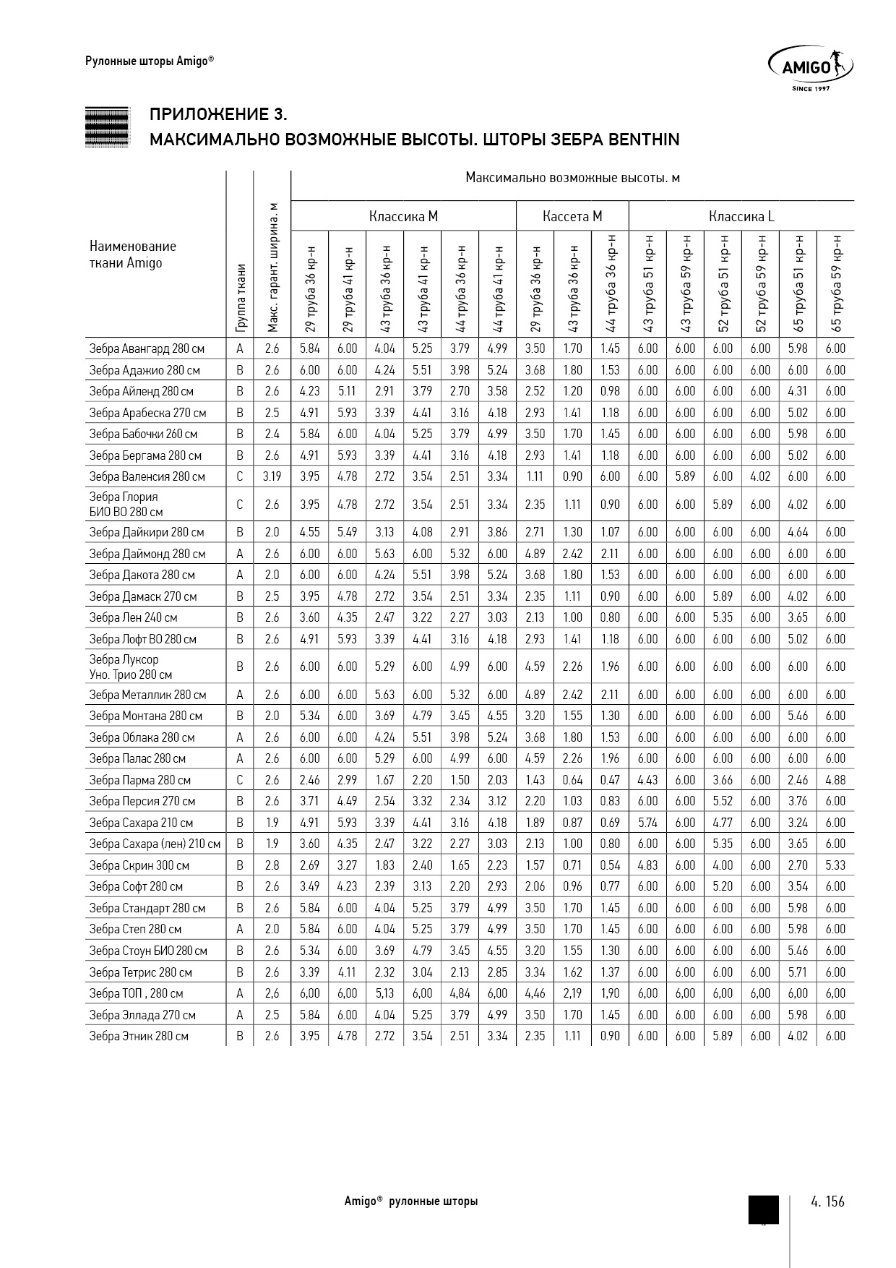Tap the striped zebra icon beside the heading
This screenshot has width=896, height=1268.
[107, 127]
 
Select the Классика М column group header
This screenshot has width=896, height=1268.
[403, 216]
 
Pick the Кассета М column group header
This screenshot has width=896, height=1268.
[572, 216]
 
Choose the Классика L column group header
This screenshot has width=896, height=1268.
[741, 216]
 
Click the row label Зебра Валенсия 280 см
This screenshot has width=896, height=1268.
[147, 476]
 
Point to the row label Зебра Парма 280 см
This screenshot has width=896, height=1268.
[140, 780]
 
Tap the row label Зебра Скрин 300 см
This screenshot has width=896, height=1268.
[139, 865]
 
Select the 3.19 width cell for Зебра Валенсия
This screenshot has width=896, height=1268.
[272, 476]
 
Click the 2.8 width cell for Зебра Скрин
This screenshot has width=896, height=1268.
[272, 865]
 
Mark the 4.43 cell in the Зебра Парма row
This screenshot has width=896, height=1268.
[647, 780]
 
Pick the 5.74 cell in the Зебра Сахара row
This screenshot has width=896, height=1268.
[647, 823]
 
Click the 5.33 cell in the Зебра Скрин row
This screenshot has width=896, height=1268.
[835, 865]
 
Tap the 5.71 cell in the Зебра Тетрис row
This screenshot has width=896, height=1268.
[798, 972]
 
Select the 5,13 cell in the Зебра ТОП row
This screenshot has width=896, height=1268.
[384, 993]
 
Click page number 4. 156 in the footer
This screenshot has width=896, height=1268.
[827, 1201]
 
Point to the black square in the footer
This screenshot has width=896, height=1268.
[763, 1209]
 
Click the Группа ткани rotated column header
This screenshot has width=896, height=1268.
[240, 297]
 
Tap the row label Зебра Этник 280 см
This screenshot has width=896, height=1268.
[139, 1036]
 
